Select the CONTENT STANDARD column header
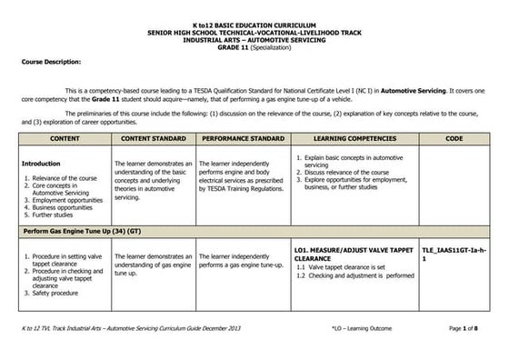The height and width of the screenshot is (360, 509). click(153, 138)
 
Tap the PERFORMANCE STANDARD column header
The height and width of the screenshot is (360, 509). click(243, 138)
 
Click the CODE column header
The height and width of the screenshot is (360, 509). click(454, 138)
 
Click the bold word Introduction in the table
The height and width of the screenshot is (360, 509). click(40, 164)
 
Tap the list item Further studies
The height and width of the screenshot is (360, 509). click(55, 215)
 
